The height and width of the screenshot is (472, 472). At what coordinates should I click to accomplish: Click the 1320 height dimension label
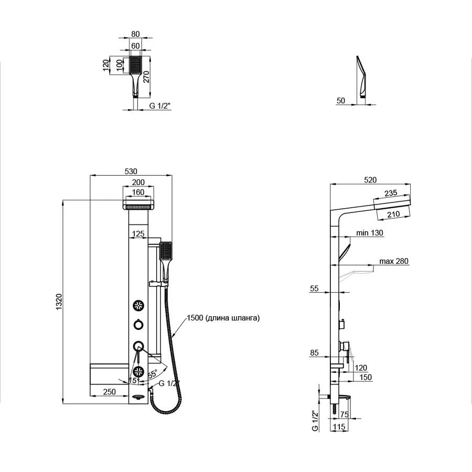tap(59, 302)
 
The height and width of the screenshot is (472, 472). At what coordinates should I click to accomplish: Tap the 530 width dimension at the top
tap(131, 171)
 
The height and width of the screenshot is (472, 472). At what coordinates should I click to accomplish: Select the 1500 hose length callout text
tap(223, 318)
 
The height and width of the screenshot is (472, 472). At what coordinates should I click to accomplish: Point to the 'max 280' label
tap(394, 261)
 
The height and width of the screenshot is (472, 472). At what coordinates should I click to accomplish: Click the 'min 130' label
tap(370, 233)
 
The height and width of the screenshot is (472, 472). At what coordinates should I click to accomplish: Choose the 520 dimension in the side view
tap(370, 180)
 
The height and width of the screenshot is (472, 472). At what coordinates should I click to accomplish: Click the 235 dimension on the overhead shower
tap(391, 193)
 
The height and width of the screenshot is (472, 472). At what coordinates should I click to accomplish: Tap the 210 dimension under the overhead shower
tap(393, 214)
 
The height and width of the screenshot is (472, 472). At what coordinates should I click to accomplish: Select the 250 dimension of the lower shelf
tap(109, 392)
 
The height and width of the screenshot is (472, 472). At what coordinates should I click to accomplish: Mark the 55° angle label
tap(152, 374)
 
